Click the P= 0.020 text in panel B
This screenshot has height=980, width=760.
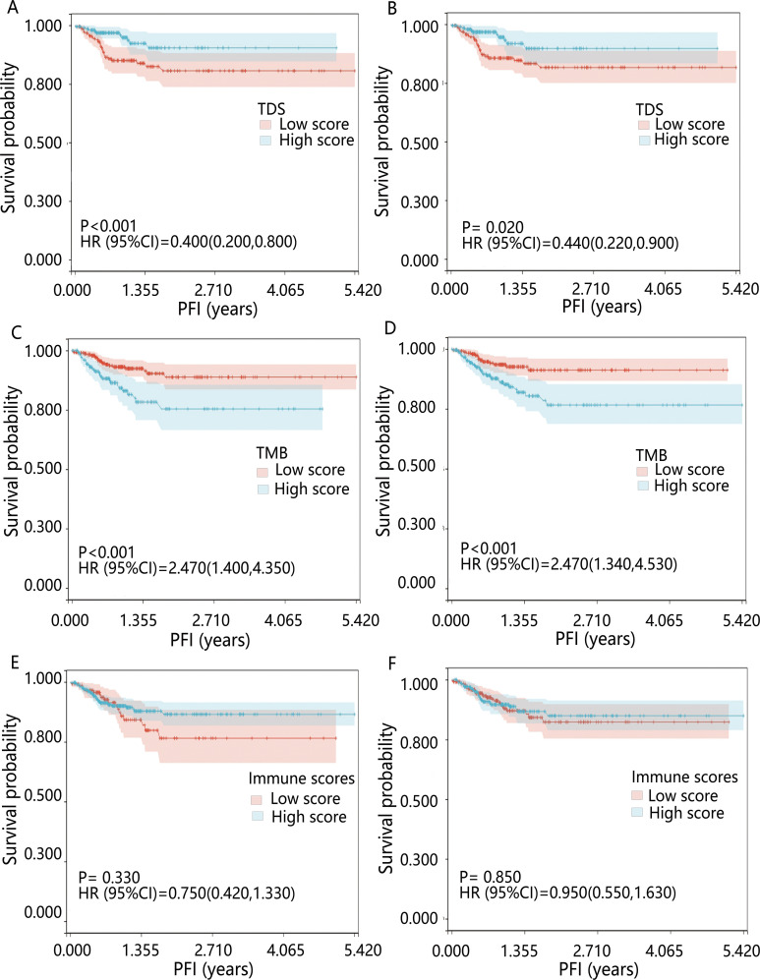pos(488,225)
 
